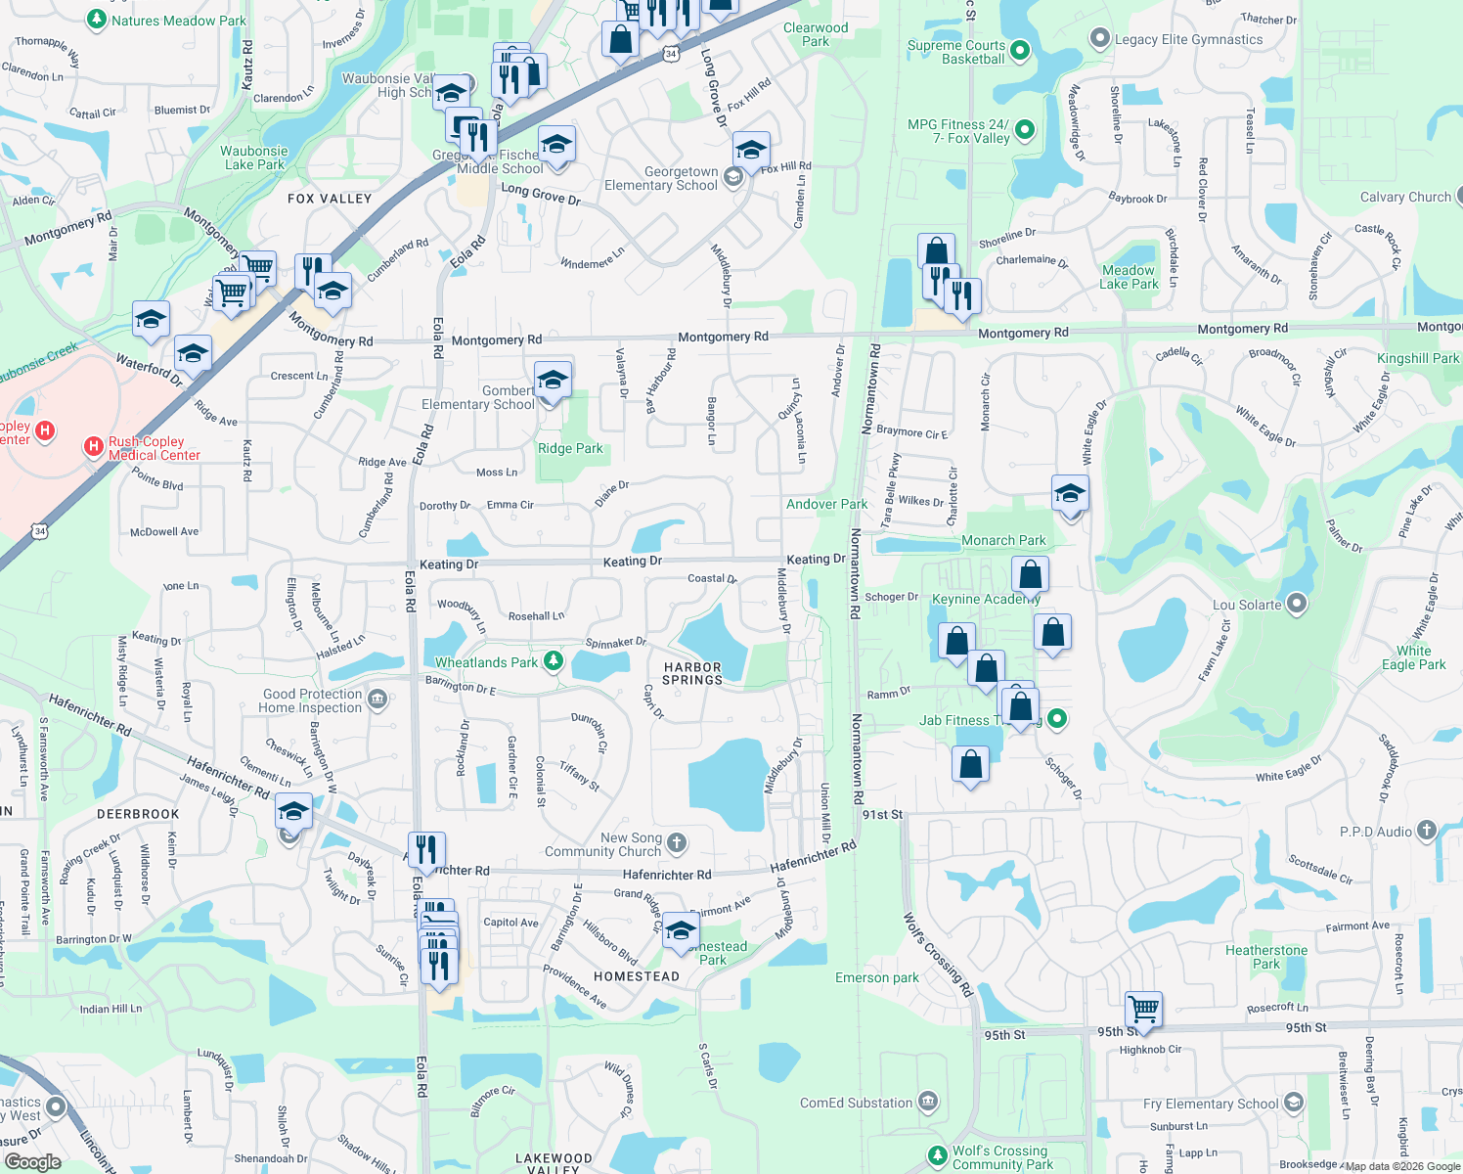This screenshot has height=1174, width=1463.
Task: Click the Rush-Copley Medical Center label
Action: (x=154, y=448)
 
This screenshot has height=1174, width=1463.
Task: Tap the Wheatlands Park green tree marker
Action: (x=554, y=661)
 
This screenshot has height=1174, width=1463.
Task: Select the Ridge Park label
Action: (x=570, y=448)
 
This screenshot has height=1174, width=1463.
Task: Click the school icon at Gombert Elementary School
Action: (x=553, y=380)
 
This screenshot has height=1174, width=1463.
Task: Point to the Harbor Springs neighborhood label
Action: (x=692, y=673)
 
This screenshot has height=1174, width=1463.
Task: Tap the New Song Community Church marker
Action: (x=677, y=842)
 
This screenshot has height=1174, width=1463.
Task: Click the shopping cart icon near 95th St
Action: (x=1143, y=1008)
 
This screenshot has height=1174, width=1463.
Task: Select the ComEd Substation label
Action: (x=856, y=1103)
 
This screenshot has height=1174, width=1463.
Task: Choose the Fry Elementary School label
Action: (x=1211, y=1104)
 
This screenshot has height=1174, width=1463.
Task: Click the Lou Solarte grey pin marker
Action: (x=1297, y=604)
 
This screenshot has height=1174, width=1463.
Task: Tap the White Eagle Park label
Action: (x=1413, y=657)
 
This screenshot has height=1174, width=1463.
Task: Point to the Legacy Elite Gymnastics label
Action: (x=1188, y=39)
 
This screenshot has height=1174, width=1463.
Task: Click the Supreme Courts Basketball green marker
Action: (x=1020, y=50)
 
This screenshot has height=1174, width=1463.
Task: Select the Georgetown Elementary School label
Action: (x=661, y=178)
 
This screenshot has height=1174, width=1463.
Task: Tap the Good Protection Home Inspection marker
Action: (x=378, y=700)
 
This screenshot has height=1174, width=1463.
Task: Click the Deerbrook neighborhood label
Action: (x=138, y=814)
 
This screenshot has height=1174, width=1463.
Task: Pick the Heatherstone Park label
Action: (x=1266, y=957)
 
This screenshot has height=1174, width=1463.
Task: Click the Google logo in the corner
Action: (x=32, y=1162)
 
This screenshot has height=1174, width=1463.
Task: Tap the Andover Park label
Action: (x=826, y=504)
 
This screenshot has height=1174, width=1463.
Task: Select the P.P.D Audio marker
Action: (x=1426, y=832)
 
